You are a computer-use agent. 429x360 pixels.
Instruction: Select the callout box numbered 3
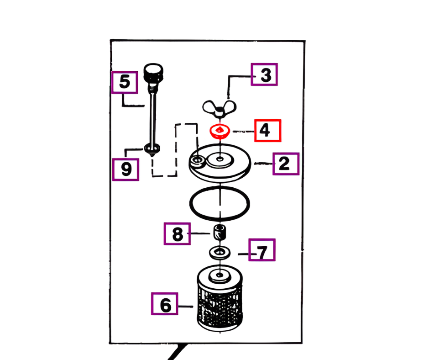pyautogui.click(x=264, y=74)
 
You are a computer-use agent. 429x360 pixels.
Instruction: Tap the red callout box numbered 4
pyautogui.click(x=268, y=131)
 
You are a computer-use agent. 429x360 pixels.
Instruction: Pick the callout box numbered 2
pyautogui.click(x=286, y=164)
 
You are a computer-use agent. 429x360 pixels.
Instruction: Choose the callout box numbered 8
pyautogui.click(x=177, y=234)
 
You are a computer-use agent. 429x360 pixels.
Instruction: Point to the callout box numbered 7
pyautogui.click(x=262, y=250)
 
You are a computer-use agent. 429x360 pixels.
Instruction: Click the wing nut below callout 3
pyautogui.click(x=220, y=109)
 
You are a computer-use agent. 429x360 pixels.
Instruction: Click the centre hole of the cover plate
pyautogui.click(x=220, y=159)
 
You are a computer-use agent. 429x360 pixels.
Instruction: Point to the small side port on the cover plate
pyautogui.click(x=198, y=160)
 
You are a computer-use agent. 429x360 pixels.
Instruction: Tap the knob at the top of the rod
pyautogui.click(x=153, y=72)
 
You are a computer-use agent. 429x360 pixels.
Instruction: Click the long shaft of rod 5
pyautogui.click(x=152, y=114)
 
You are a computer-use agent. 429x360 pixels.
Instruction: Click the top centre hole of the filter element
pyautogui.click(x=220, y=275)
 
